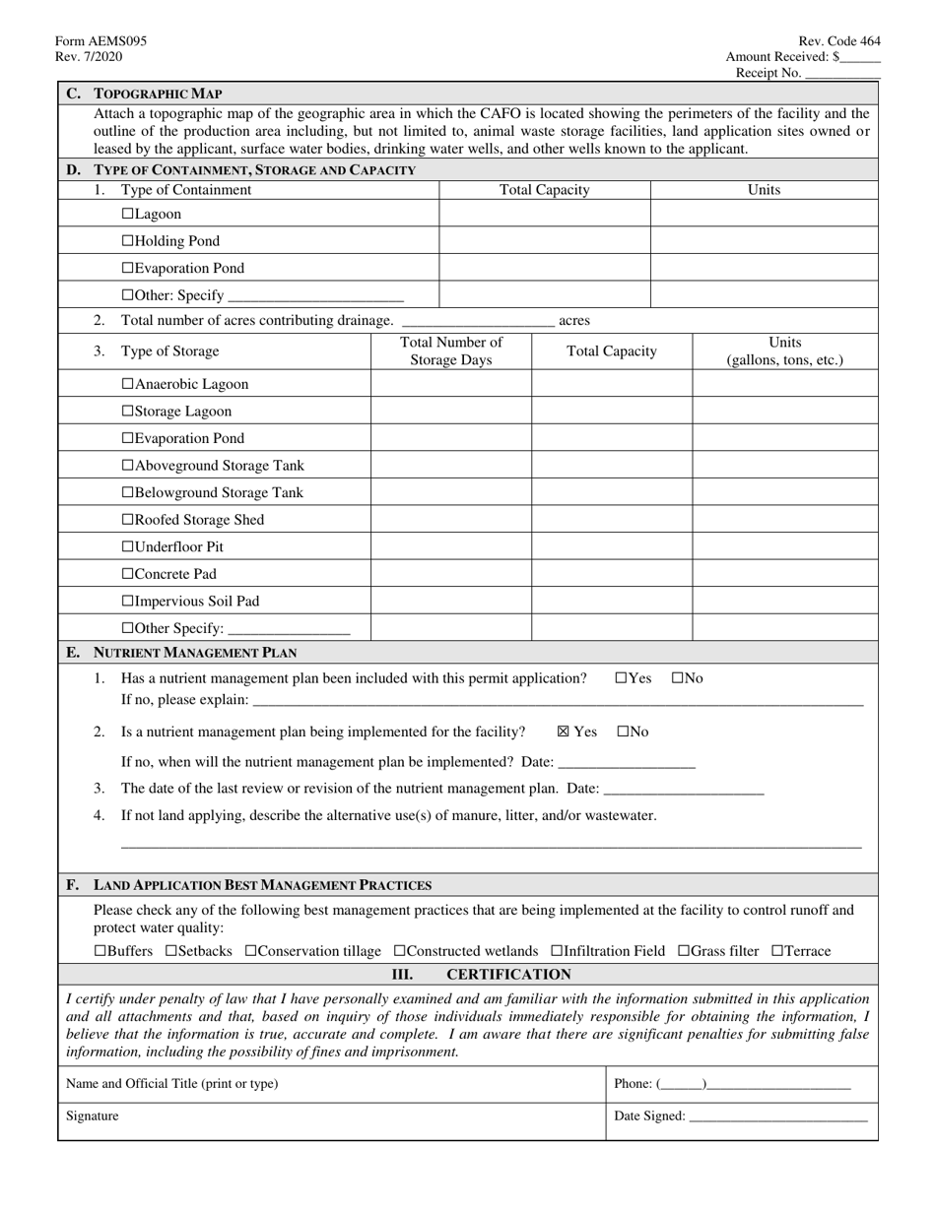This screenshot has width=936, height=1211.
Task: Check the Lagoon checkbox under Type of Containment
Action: (127, 214)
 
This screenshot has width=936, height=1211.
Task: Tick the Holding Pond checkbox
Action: (127, 241)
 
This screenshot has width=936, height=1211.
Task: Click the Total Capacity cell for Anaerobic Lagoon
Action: (612, 385)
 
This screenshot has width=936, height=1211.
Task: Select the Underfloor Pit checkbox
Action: (127, 547)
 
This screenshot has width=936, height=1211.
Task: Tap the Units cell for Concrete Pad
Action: (784, 574)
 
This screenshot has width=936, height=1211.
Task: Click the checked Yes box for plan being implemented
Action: (564, 732)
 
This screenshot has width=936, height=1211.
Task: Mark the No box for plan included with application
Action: (678, 678)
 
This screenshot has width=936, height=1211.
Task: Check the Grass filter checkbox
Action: (684, 951)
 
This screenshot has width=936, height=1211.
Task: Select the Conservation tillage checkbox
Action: (250, 951)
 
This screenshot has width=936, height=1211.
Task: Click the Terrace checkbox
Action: (777, 951)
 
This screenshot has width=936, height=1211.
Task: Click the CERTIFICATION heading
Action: (508, 975)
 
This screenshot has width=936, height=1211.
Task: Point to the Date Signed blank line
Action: (778, 1116)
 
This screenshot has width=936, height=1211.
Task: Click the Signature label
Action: (93, 1116)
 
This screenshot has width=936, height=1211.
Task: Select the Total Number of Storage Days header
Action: (450, 351)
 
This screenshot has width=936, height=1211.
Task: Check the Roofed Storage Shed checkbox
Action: (127, 520)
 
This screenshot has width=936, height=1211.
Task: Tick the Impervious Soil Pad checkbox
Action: (127, 602)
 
